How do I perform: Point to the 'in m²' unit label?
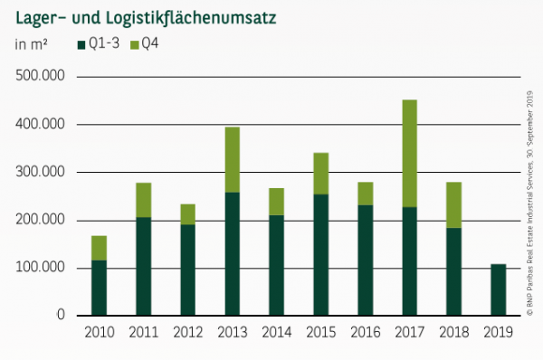[32, 44]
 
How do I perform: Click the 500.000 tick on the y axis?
[40, 76]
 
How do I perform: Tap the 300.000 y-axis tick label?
[40, 172]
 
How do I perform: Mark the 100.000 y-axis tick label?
[40, 268]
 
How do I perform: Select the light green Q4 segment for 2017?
[409, 153]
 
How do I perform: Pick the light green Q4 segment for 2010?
[100, 248]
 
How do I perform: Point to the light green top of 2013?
[233, 159]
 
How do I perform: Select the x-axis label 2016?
[365, 333]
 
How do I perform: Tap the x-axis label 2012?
[187, 333]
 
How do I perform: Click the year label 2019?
[498, 333]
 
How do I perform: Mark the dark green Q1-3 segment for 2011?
[144, 266]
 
